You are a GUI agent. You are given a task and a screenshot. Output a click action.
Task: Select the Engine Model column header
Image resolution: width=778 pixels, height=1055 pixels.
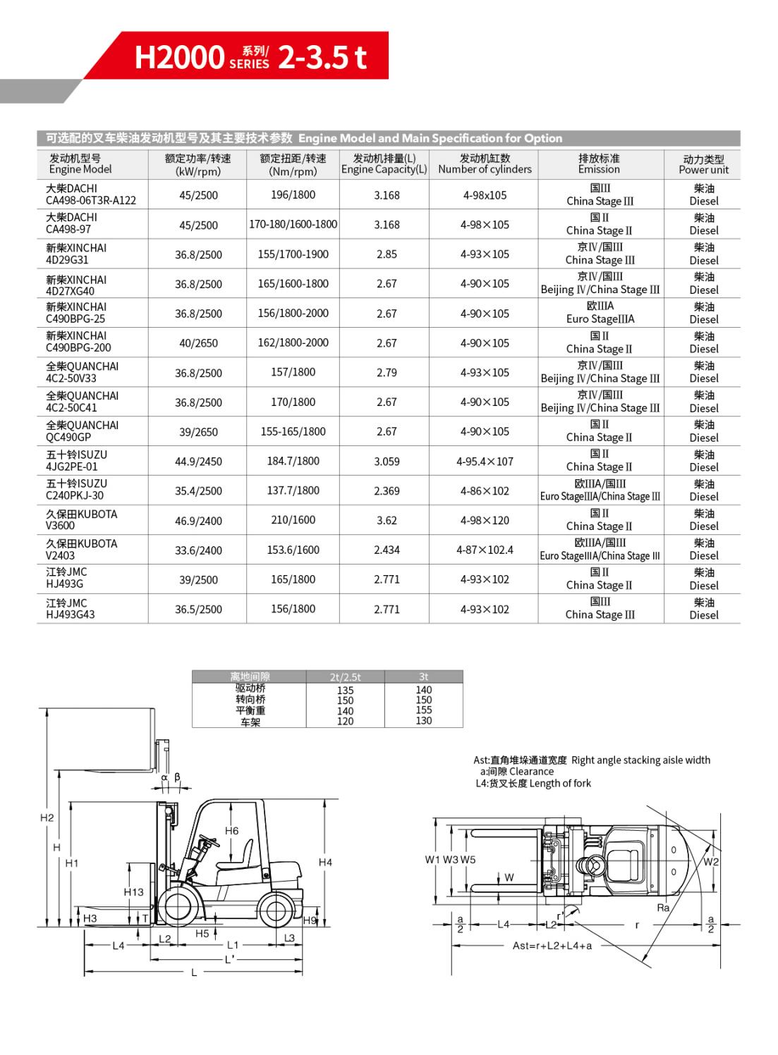(80, 164)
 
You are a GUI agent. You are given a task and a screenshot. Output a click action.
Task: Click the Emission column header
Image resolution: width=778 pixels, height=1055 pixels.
(599, 164)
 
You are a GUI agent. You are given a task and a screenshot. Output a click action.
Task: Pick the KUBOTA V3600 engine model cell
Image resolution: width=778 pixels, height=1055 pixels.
(81, 520)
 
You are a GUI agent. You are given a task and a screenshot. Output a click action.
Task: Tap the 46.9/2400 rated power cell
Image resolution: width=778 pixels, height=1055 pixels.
(198, 521)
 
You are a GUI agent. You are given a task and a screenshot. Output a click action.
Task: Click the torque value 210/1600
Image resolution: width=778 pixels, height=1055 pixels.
(293, 520)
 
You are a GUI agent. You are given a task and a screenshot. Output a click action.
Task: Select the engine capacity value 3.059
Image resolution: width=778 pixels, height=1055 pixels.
(387, 462)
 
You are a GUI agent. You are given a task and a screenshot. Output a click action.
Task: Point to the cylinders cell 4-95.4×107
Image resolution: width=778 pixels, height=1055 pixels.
(485, 462)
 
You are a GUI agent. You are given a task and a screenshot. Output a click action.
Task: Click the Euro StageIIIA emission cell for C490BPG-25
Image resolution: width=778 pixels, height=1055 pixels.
(600, 313)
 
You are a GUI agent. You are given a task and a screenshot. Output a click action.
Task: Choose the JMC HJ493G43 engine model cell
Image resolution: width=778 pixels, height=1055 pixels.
(71, 609)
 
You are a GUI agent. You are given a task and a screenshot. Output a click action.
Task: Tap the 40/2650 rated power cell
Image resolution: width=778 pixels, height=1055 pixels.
(198, 343)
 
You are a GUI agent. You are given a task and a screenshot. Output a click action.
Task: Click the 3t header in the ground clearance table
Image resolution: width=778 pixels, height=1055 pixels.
(423, 677)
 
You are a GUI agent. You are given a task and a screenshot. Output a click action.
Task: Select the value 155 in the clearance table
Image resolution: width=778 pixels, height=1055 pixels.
(423, 710)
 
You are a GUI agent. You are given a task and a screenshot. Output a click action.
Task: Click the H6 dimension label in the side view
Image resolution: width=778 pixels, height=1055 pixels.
(231, 831)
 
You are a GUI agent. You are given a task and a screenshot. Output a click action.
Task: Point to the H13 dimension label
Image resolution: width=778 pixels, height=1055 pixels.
(133, 892)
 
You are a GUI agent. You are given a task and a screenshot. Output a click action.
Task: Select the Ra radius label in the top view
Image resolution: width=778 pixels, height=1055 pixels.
(662, 908)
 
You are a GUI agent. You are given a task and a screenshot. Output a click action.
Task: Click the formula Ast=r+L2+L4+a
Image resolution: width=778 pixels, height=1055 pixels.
(552, 946)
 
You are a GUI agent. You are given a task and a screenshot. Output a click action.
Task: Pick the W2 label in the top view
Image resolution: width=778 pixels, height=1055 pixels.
(711, 861)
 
